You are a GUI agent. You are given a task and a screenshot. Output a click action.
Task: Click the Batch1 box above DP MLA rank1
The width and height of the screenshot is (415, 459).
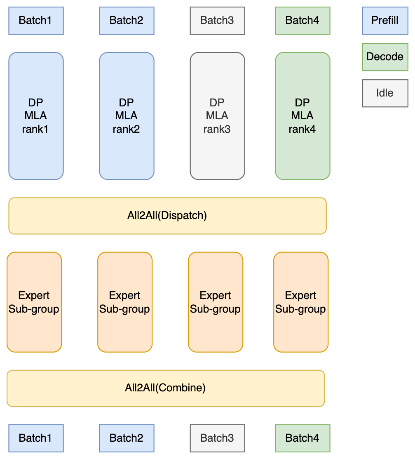pos(36,20)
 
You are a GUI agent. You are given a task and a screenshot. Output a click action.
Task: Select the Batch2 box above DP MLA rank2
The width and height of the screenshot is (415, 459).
pos(127,20)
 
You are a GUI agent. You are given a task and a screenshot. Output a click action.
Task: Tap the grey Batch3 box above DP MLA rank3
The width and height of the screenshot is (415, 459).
pos(217,20)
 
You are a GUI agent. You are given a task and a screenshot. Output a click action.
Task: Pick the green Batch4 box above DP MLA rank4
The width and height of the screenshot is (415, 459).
pos(302,20)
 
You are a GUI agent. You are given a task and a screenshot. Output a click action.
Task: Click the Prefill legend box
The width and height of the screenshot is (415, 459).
pos(385,20)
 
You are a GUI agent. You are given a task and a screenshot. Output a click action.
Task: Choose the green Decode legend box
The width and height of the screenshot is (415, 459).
pos(385,56)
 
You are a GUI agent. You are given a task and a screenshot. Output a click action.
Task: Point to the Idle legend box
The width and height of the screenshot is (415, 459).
pos(385,93)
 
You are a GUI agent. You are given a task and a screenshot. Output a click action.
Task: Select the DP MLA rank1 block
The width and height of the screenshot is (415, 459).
pos(36,116)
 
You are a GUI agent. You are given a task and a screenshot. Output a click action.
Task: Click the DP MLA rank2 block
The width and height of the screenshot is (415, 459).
pos(127,116)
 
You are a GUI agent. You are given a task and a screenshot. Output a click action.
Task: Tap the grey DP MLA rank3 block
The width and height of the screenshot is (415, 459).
pos(217,116)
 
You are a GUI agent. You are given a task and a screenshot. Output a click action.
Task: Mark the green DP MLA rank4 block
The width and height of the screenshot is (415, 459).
pos(302,116)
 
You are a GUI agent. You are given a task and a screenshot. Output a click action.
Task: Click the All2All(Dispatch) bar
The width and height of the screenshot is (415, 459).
pos(167,216)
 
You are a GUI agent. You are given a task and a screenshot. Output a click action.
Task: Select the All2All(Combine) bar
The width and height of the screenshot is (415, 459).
pos(166,388)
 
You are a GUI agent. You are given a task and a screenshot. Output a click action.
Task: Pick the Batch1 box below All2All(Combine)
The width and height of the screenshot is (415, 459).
pos(36,438)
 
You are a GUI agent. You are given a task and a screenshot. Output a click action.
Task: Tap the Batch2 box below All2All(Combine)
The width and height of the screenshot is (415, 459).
pos(127,438)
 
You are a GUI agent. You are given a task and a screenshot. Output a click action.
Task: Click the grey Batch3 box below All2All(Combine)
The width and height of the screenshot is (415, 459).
pos(217,438)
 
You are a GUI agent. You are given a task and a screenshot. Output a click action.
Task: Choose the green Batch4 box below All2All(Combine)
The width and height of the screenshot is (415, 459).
pos(302,438)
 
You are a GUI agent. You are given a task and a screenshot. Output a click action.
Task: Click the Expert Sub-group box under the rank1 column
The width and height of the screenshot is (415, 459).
pos(34,302)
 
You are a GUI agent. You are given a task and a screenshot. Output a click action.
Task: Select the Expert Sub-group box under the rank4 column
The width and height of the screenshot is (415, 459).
pos(301,302)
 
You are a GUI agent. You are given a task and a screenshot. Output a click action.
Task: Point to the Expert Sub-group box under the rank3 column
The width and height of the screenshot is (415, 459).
pos(216,302)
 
